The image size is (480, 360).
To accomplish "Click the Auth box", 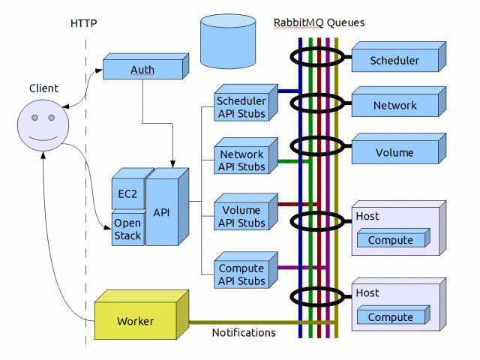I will [142, 70].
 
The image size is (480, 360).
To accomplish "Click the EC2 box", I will [127, 193].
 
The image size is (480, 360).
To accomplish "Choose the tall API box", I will [161, 212].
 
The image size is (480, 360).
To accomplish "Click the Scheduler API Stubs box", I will [241, 106].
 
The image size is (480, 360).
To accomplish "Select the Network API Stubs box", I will [241, 160].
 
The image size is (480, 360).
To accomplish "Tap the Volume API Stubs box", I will [241, 217].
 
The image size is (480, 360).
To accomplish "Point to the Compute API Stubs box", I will [241, 274].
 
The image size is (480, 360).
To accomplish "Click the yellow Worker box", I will [136, 321].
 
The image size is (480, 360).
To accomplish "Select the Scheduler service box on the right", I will [394, 61].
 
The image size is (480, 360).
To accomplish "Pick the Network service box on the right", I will [394, 106].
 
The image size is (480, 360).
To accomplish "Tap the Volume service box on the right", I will [394, 152].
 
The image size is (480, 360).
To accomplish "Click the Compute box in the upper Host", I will [390, 240].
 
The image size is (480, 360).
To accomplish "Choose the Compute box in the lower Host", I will [390, 317].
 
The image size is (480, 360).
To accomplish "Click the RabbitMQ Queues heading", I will [319, 22].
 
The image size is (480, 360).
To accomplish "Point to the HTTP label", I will [83, 23].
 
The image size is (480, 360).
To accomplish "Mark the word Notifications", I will [244, 332].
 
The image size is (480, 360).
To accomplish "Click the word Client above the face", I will [43, 88].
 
